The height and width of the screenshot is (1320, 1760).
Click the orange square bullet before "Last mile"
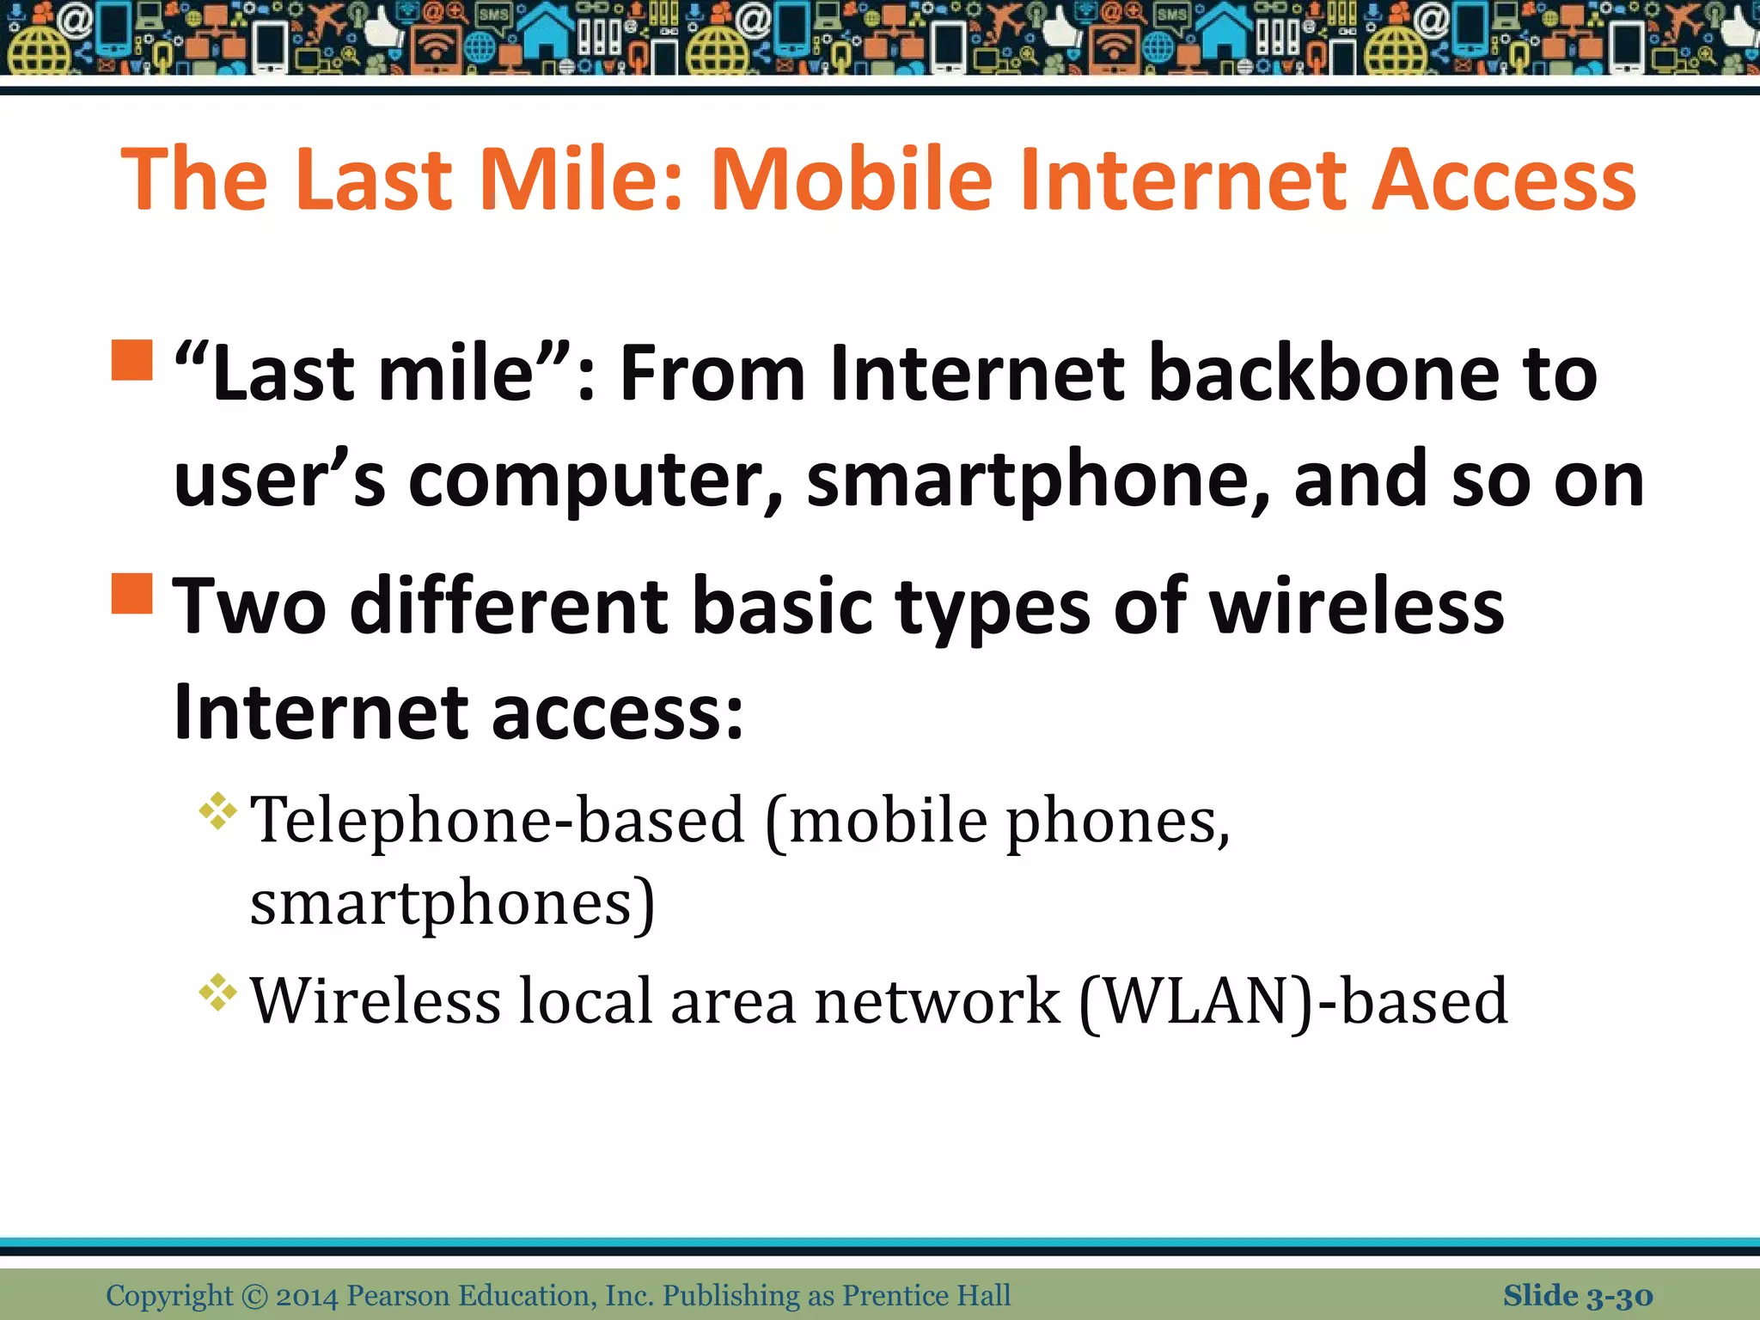[x=132, y=360]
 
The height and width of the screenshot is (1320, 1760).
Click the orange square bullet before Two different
[x=132, y=594]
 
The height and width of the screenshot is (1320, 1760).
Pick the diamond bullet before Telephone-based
[x=218, y=811]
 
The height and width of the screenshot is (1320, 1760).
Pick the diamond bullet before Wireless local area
[x=218, y=993]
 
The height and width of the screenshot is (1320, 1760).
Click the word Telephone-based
[x=498, y=821]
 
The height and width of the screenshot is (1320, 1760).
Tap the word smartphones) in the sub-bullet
[x=452, y=904]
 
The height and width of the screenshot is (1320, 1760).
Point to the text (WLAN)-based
[x=1292, y=1002]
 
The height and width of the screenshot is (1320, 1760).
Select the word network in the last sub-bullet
[x=937, y=1002]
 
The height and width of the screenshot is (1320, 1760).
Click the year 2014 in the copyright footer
[x=307, y=1296]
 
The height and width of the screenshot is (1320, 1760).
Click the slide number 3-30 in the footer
[x=1619, y=1296]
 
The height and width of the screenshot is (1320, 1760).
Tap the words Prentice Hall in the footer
[x=926, y=1296]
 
